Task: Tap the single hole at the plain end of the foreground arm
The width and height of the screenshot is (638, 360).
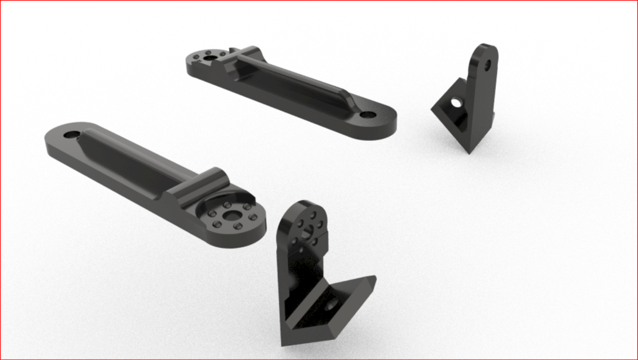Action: click(71, 135)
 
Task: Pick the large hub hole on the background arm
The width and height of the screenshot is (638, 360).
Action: click(211, 57)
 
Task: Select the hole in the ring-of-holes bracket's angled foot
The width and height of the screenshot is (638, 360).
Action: click(331, 303)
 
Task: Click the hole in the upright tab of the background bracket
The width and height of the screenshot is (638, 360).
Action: click(487, 64)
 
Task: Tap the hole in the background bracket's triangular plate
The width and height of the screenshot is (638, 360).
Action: click(456, 102)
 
